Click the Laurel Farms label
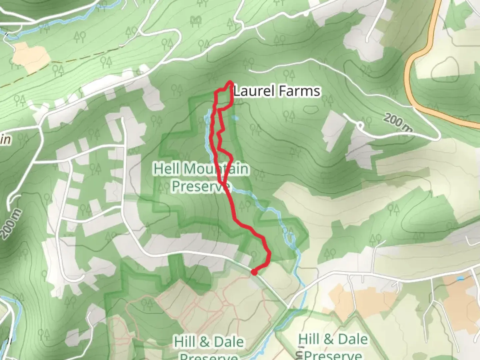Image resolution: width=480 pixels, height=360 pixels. tap(277, 91)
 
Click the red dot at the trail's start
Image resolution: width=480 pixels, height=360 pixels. tap(254, 272)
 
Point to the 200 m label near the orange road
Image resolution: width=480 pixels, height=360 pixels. tap(398, 122)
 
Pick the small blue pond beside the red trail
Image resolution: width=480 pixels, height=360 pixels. tap(235, 118)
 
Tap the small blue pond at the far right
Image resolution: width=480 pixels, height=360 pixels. tap(460, 278)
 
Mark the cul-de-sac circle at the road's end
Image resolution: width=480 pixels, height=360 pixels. tap(360, 125)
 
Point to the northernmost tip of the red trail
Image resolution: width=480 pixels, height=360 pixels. tap(230, 82)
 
